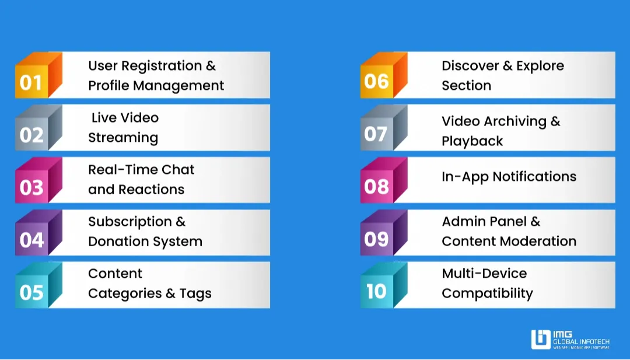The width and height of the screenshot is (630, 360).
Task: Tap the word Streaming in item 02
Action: [x=123, y=138]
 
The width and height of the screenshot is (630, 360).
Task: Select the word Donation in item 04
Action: [x=121, y=242]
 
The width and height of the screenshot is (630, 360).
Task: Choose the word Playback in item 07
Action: [x=472, y=141]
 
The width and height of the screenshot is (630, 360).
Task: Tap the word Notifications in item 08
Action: [x=534, y=177]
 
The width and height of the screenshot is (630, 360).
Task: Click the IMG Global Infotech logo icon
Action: [x=541, y=339]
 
